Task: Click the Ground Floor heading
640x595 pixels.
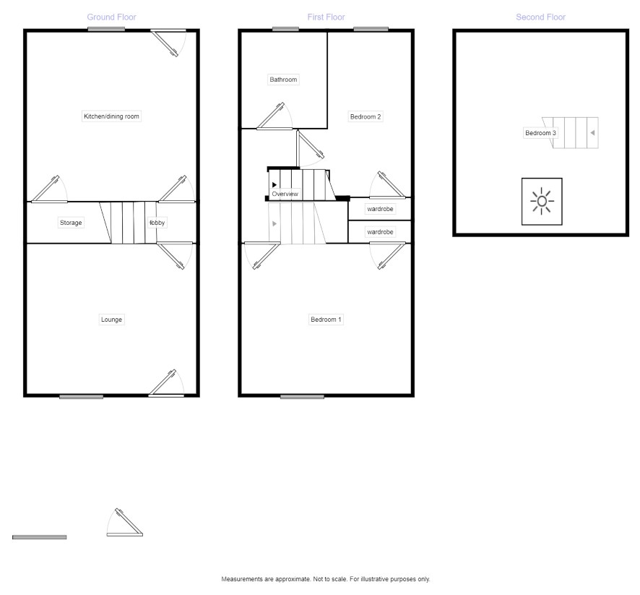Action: click(111, 17)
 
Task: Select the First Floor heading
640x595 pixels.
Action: click(326, 17)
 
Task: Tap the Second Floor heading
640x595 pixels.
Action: click(540, 17)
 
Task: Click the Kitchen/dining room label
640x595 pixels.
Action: click(111, 116)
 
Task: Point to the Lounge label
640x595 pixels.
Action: click(111, 320)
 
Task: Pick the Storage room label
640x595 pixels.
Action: click(71, 223)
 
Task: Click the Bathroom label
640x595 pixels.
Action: click(283, 80)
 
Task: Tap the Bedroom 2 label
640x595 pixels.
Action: click(366, 117)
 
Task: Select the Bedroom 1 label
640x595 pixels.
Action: click(326, 320)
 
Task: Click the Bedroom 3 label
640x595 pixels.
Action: click(540, 133)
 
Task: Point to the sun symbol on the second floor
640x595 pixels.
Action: click(542, 201)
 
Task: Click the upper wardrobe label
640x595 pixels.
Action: click(380, 209)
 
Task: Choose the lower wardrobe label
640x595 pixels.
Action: click(380, 232)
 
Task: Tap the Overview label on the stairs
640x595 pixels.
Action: click(285, 194)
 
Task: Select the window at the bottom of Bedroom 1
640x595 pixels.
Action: click(303, 396)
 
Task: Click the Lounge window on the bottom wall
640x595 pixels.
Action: click(81, 396)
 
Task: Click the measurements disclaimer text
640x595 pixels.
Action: click(325, 579)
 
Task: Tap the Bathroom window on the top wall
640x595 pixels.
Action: click(286, 29)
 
